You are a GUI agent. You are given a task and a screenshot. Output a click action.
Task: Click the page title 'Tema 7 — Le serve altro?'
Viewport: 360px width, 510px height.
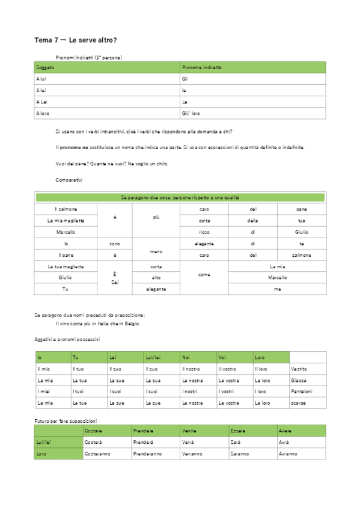point(76,40)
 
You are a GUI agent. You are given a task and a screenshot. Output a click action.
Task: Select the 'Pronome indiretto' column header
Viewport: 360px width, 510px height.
point(201,68)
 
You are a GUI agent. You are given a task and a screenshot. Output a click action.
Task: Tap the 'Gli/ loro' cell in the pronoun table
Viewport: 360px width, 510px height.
point(191,113)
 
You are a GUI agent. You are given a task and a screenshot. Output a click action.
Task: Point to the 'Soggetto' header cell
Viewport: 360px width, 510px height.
point(45,68)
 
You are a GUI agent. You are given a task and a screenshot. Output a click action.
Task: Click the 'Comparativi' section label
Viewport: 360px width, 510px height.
point(69,180)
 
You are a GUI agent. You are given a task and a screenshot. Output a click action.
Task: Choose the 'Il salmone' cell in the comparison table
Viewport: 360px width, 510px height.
point(65,209)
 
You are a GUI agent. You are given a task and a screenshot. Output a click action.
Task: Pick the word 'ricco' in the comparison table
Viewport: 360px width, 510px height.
point(204,232)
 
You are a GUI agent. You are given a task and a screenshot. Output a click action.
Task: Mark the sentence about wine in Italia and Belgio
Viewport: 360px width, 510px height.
point(97,324)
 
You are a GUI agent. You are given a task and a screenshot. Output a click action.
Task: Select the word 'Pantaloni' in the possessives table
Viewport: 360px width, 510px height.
point(301,392)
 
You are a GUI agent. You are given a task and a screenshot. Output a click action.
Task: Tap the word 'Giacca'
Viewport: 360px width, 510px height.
point(298,380)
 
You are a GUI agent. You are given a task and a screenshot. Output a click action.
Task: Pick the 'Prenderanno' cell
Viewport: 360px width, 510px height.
point(148,453)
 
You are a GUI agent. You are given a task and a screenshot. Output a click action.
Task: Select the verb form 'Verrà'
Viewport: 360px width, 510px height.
point(188,442)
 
